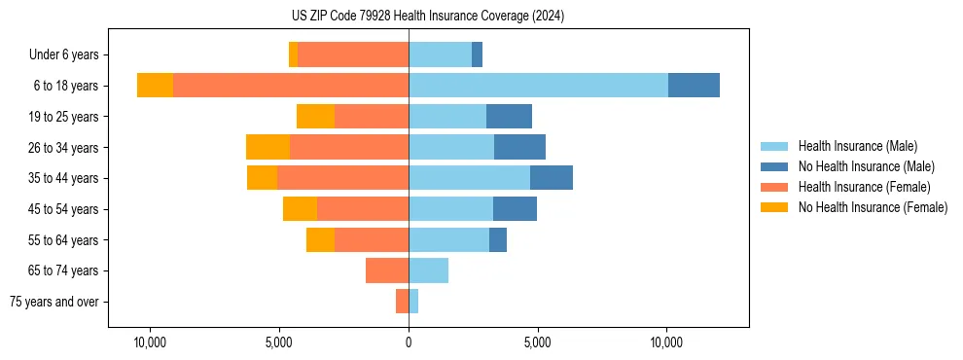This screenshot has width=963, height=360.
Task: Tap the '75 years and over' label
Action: pos(54,302)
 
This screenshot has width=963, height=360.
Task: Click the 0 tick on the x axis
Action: pos(409,343)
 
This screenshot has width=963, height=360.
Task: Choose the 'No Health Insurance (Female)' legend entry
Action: pos(873,207)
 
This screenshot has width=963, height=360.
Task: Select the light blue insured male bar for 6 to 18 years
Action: pos(538,86)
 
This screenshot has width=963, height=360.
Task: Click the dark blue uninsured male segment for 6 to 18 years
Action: pos(694,86)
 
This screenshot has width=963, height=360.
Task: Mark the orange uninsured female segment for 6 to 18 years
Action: pos(155,86)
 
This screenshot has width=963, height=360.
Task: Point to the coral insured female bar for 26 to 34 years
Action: pos(349,147)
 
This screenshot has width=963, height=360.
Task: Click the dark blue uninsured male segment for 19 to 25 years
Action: pos(509,117)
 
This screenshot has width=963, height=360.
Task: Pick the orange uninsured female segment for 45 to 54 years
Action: pos(300,209)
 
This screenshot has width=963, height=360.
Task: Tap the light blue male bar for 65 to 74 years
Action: pos(428,270)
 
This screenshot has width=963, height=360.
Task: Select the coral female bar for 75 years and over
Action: pos(402,302)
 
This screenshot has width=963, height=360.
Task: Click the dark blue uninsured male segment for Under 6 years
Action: pos(477,55)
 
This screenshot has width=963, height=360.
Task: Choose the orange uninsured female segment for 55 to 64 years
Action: pos(320,239)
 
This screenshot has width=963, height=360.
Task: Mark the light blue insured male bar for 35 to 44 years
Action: pos(469,178)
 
